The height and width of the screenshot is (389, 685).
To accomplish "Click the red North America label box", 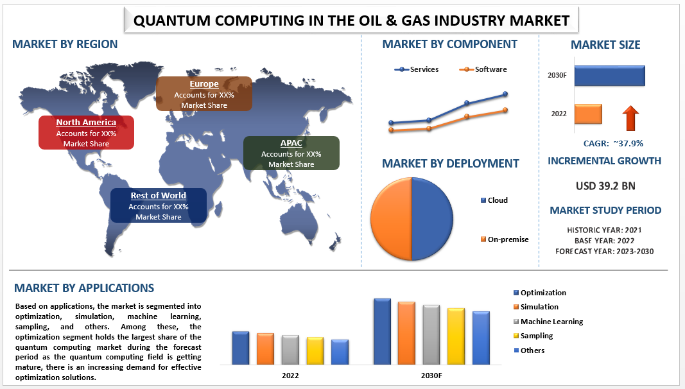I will coord(86,132).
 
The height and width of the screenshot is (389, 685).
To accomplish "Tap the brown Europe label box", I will coord(204,94).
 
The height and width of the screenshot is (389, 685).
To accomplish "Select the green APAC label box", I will coord(291,153).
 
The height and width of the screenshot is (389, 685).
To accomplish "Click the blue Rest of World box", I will coord(158,205).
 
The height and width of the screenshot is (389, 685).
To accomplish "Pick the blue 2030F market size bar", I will coord(609,75).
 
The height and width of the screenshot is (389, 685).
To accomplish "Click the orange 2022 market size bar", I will coord(587,114).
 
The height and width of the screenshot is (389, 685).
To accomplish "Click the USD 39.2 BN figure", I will coord(605,186).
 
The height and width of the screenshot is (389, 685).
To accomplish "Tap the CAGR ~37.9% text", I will coord(612,143).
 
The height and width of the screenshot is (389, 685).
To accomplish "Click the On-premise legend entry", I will coord(507,239).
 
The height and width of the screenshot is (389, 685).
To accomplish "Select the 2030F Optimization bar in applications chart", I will coord(382,331).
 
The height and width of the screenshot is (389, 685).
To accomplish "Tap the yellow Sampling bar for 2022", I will coord(315,350).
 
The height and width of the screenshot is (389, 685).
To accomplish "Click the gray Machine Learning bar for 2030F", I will coord(431,334).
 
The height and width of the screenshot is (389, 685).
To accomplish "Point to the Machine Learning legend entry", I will coord(551,322).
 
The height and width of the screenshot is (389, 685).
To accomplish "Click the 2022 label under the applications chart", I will coord(290,375).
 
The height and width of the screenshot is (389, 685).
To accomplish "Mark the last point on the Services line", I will coord(505,94).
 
